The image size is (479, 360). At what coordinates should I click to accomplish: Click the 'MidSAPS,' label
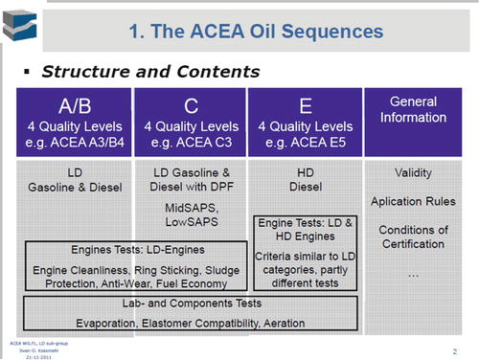tap(190, 208)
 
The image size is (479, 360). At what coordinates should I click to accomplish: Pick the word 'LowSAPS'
tap(190, 222)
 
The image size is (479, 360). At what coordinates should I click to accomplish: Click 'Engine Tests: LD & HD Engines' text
tap(306, 230)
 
